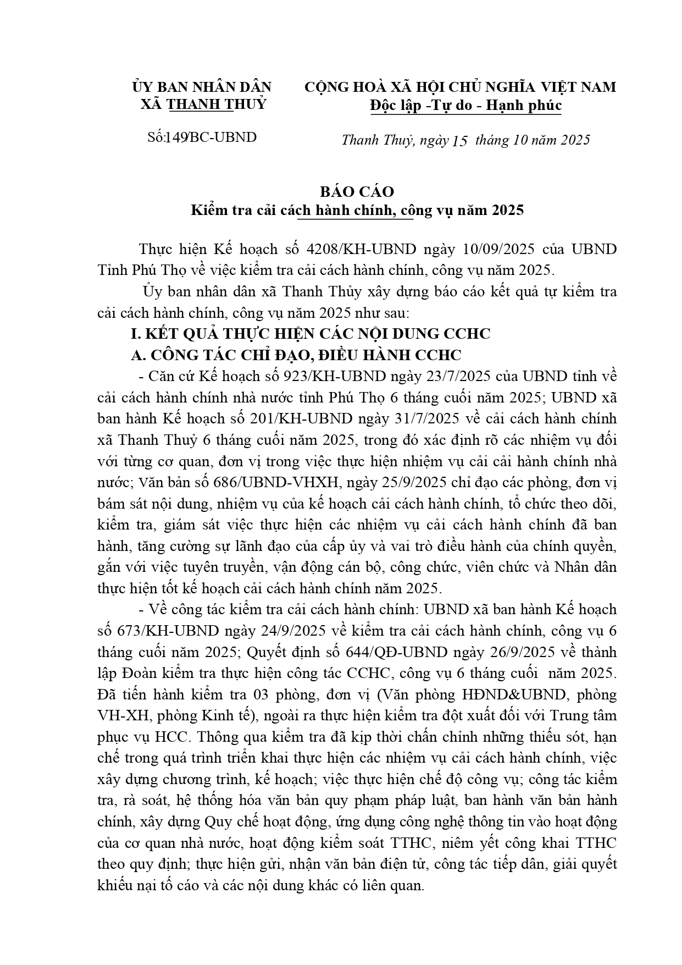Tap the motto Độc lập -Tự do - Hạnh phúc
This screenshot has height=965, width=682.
point(465,105)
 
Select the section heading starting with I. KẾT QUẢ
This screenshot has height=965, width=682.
point(310,334)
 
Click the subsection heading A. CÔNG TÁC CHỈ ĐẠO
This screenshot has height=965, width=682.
point(296,355)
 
